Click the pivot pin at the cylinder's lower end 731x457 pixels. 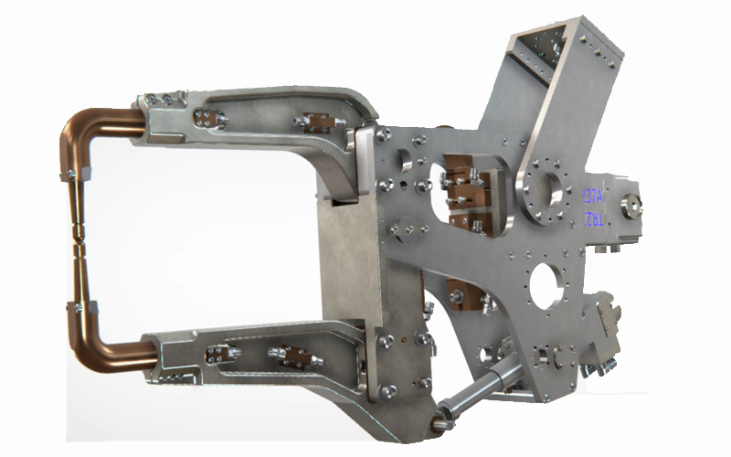click(x=440, y=420)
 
